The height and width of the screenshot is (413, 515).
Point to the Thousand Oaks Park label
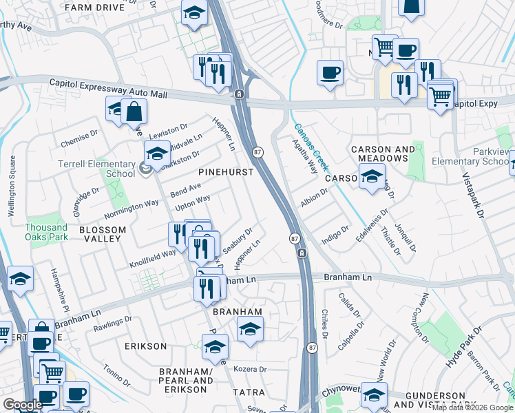(x=47, y=232)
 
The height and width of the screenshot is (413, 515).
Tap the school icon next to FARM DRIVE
(x=194, y=13)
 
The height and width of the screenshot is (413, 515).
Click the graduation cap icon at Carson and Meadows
(x=372, y=177)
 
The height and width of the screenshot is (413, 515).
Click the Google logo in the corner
(x=23, y=405)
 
